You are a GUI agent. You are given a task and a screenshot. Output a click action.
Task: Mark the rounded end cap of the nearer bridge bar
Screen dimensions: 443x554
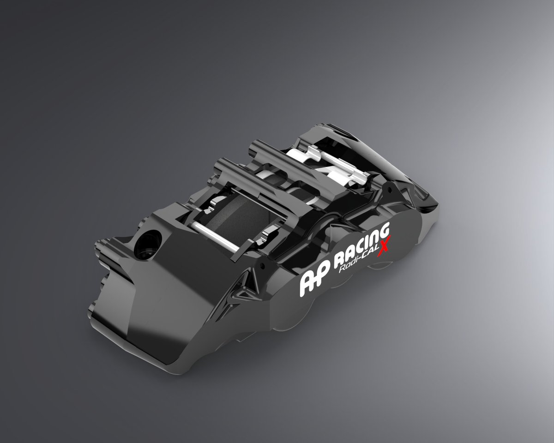click(221, 163)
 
